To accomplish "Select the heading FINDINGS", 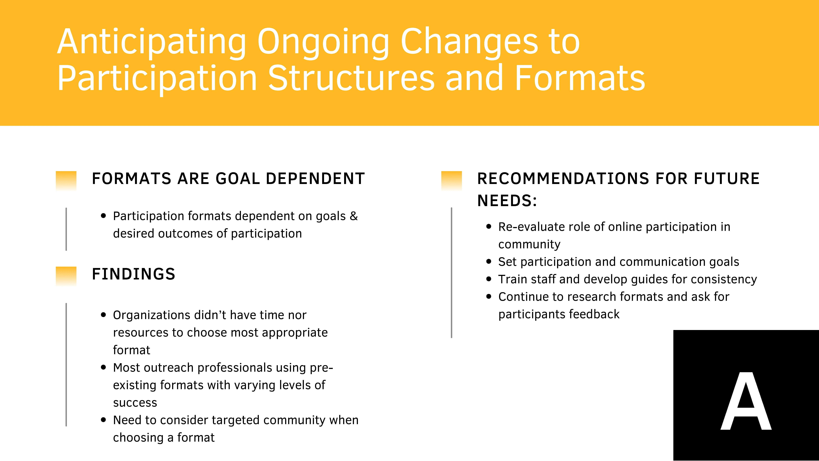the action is [x=133, y=274].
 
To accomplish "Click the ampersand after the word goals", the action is [x=354, y=216].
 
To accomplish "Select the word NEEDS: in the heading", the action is [x=507, y=201].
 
